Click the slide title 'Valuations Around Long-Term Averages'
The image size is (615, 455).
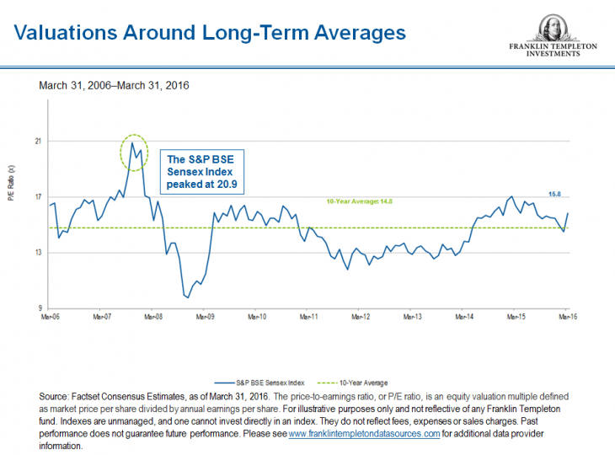pyautogui.click(x=210, y=33)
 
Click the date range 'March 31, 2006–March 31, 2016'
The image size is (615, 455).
pyautogui.click(x=114, y=86)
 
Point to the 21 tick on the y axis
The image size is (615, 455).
pyautogui.click(x=38, y=142)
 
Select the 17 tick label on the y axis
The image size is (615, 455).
pyautogui.click(x=38, y=197)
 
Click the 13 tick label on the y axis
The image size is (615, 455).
pyautogui.click(x=38, y=253)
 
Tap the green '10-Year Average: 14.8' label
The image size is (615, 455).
pyautogui.click(x=360, y=201)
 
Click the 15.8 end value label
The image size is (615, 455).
pyautogui.click(x=555, y=194)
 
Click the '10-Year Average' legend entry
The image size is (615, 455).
pyautogui.click(x=365, y=382)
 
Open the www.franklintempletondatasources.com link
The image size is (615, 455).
pyautogui.click(x=364, y=433)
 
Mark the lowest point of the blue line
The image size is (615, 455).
pyautogui.click(x=186, y=297)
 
